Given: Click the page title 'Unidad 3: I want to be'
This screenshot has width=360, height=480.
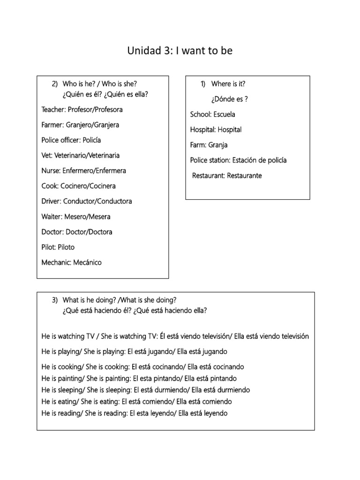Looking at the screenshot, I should coord(180,51).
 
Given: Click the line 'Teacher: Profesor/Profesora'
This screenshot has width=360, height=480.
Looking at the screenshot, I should coord(82,110).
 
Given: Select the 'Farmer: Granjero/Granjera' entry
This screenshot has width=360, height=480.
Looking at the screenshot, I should coord(80,125).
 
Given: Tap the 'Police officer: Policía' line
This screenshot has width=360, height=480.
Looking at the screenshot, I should coord(71,140).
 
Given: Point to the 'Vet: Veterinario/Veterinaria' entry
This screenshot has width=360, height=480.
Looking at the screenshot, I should coord(80,155).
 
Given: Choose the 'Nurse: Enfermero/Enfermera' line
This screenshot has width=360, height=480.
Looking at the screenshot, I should coord(83,171).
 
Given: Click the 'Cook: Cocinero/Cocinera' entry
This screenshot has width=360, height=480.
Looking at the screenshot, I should coord(78,186).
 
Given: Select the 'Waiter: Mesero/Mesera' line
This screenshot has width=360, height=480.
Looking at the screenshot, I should coord(76,217).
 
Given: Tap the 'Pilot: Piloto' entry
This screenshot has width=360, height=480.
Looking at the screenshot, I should coord(58,247).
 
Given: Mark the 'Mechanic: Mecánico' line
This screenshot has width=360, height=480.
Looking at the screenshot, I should coord(71,262).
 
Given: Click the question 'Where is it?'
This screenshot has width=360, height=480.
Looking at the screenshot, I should coord(228,84).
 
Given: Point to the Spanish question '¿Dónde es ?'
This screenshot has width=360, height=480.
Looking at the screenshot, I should coord(229,99).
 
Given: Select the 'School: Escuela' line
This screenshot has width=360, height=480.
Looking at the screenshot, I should coord(213,114).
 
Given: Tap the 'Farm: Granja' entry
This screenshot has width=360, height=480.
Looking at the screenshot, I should coord(209,145).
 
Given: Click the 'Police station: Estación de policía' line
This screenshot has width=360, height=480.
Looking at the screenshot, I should coord(238,160).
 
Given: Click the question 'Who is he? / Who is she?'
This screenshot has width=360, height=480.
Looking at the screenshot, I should coord(99,84).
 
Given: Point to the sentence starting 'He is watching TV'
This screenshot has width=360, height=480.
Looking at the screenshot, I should coord(175,337).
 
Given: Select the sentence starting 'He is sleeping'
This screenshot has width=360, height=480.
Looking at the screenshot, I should coord(145,390).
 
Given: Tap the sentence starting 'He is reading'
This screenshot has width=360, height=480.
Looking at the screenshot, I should coord(134,413).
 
